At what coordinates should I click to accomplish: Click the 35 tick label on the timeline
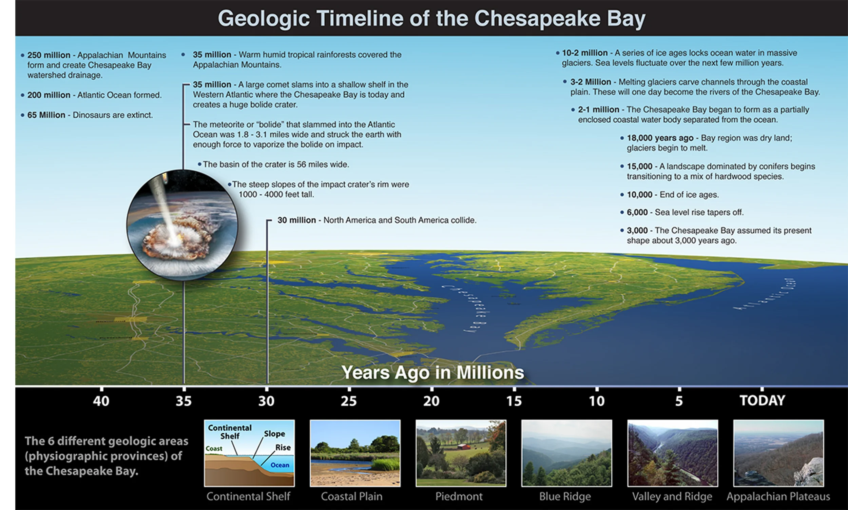[184, 401]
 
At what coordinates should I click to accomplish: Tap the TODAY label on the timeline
[762, 400]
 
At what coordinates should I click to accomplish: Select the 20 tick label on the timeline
[431, 401]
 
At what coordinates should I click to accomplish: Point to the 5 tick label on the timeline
[679, 401]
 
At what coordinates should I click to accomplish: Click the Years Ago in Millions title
[432, 373]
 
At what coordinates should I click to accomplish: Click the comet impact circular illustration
[182, 225]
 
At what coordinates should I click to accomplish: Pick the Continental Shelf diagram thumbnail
[249, 453]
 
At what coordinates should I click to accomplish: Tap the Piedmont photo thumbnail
[461, 453]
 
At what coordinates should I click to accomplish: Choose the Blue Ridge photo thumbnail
[566, 453]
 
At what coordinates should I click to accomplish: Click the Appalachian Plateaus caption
[778, 496]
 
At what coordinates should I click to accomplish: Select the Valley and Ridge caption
[672, 496]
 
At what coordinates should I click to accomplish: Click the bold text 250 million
[49, 55]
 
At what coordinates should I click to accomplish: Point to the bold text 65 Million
[46, 115]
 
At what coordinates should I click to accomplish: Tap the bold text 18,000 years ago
[660, 138]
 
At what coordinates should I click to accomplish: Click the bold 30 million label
[296, 220]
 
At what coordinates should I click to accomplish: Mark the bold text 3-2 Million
[591, 82]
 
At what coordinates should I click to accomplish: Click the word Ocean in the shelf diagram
[280, 465]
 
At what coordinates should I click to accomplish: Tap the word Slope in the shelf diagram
[274, 434]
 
